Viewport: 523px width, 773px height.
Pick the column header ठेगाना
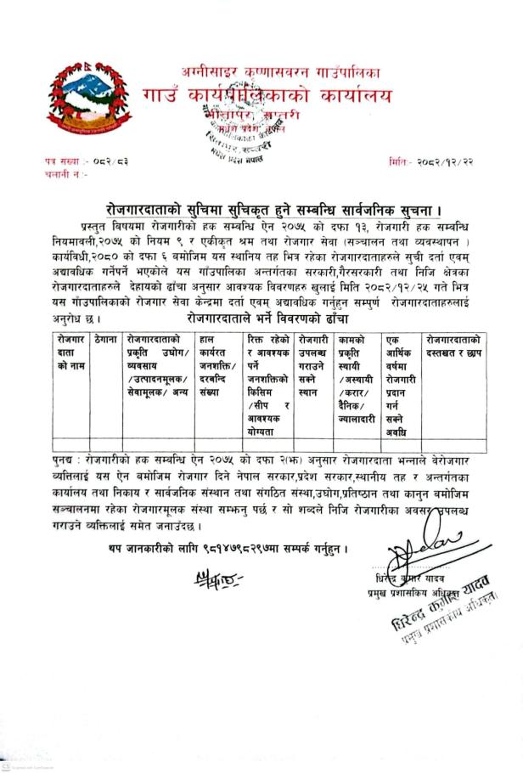click(107, 339)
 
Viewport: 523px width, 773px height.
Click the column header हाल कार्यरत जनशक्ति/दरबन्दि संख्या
click(217, 358)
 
